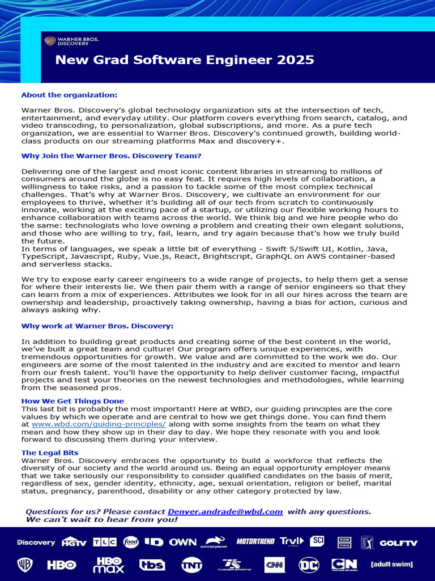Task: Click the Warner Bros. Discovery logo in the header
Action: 71,41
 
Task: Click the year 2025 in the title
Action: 295,60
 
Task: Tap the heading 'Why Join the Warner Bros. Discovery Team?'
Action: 111,155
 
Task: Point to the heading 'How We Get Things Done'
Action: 72,401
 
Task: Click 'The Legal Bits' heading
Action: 50,452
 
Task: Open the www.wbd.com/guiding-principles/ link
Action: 99,424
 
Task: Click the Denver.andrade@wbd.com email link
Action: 225,511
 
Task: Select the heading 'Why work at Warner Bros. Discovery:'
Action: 97,326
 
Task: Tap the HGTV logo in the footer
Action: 74,542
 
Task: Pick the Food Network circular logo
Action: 131,542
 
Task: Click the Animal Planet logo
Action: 216,542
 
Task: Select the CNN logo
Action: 274,565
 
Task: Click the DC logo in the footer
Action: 309,565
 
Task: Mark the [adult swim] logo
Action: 391,565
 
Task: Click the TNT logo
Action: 191,565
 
